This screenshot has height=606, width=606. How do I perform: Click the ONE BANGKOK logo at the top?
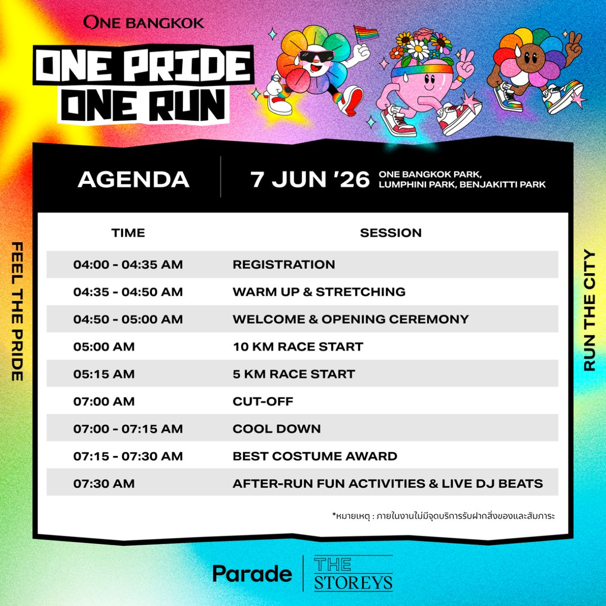click(144, 22)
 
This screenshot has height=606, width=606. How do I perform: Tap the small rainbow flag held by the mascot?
click(366, 33)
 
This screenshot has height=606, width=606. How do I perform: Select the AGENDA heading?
click(134, 180)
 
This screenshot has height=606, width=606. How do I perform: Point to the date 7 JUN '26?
click(310, 180)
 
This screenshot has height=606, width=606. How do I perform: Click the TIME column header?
click(128, 233)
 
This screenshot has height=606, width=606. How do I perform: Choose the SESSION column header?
click(390, 233)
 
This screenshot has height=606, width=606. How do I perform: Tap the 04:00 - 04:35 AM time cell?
click(128, 265)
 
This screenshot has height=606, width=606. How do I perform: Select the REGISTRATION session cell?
click(284, 265)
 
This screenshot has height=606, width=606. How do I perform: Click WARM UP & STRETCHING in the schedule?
click(319, 292)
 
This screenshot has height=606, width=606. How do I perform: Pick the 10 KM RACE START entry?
click(298, 346)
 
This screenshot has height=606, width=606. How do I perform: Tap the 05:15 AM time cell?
click(104, 374)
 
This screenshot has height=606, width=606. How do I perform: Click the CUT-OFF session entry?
click(263, 401)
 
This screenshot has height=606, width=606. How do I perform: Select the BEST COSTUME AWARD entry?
click(315, 456)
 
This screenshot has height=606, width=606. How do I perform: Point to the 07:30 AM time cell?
click(104, 483)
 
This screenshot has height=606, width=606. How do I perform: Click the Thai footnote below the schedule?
click(443, 516)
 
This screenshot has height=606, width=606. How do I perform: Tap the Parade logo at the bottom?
click(252, 573)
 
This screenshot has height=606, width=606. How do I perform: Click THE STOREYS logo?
click(353, 573)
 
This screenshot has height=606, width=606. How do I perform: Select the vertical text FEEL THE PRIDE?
click(17, 312)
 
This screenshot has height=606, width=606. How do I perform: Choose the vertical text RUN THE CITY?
click(590, 310)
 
